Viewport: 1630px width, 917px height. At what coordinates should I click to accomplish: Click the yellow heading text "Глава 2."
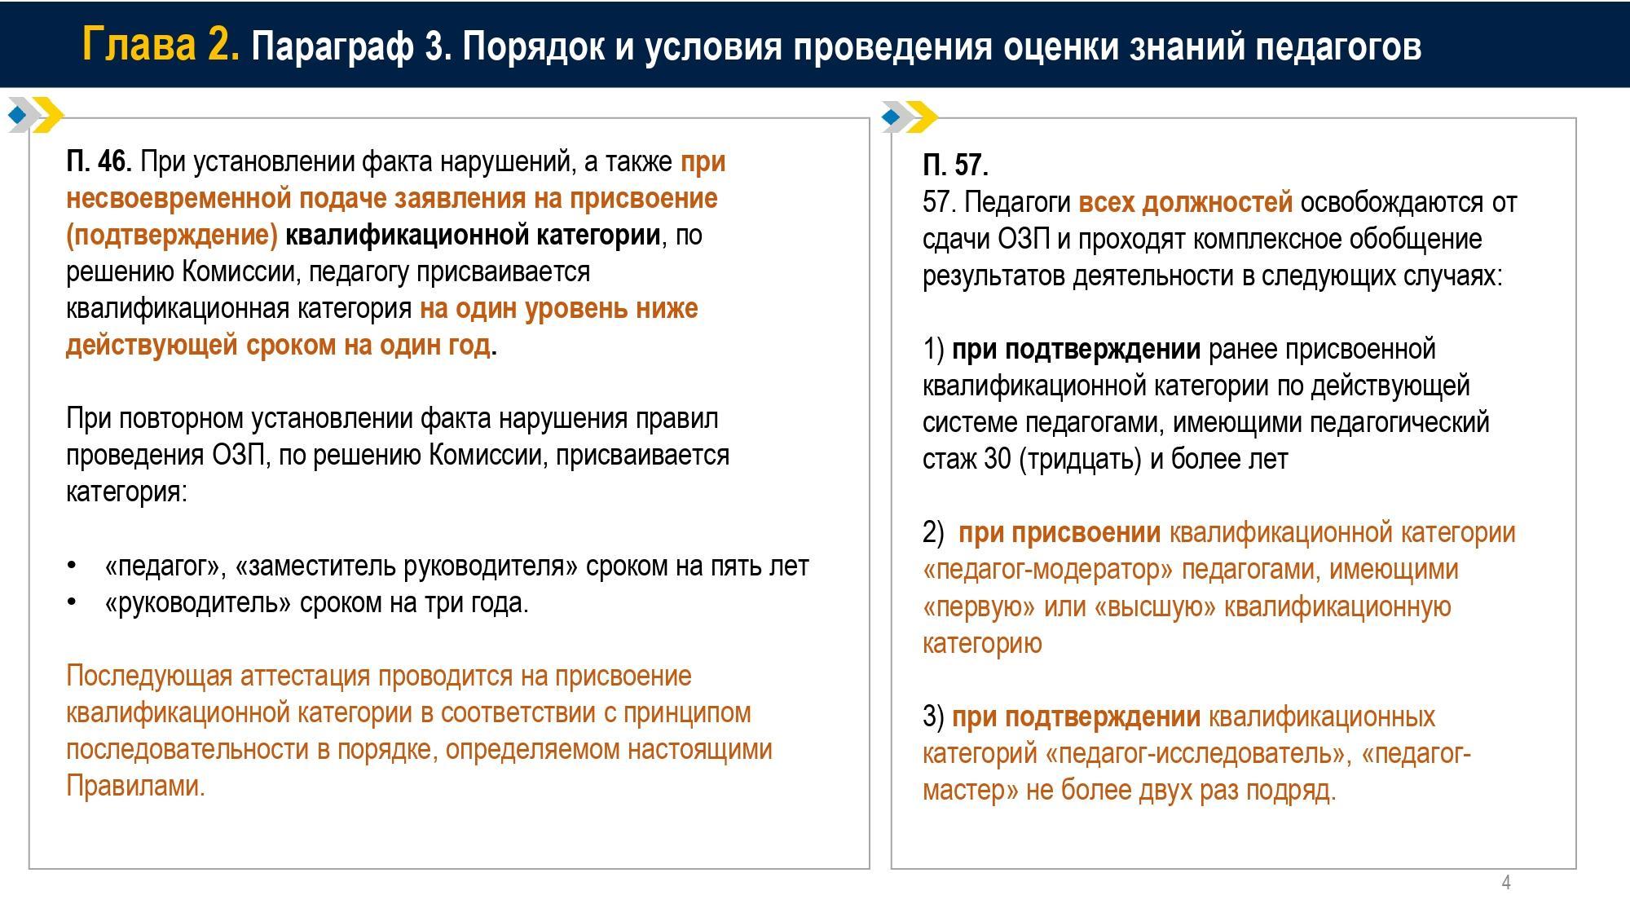161,44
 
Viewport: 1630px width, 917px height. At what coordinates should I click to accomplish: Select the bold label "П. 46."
99,162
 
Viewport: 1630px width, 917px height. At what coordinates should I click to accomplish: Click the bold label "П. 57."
955,165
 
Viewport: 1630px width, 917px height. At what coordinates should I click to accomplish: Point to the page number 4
1506,883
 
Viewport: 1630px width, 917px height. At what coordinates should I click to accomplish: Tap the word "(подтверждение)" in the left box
171,236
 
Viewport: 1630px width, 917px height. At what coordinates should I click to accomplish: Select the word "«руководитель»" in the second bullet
198,603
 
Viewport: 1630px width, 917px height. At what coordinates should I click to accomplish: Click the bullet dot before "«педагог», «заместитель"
72,566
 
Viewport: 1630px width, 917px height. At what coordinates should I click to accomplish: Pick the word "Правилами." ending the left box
135,787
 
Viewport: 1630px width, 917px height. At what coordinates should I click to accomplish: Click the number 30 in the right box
998,460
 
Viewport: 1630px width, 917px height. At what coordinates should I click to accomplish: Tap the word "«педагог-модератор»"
1048,570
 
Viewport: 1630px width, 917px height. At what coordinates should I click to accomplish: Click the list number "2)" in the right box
933,533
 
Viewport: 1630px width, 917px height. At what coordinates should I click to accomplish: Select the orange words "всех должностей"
1185,202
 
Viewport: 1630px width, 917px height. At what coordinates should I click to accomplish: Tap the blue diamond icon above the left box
17,116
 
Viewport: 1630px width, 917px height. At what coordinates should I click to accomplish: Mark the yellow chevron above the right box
921,117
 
